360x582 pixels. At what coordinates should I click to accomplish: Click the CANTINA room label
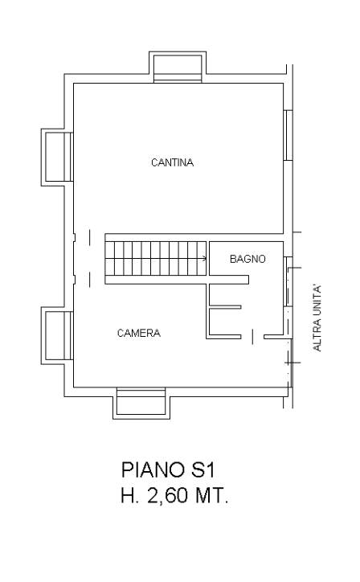[172, 162]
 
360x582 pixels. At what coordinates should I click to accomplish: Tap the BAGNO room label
[247, 259]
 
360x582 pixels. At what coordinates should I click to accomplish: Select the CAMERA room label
[139, 333]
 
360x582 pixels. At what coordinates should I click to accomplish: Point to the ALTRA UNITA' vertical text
[317, 318]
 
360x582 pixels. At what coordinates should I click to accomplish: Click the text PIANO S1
[168, 469]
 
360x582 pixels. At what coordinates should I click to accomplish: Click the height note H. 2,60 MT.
[174, 495]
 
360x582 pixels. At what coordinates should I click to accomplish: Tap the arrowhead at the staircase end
[204, 258]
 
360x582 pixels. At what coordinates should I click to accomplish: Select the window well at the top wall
[178, 68]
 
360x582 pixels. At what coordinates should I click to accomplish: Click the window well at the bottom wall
[141, 403]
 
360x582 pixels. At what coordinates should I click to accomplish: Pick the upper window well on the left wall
[57, 157]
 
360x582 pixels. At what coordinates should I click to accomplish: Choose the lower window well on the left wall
[57, 335]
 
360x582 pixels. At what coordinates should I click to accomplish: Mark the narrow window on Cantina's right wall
[288, 136]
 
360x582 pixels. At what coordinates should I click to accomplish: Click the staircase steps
[156, 258]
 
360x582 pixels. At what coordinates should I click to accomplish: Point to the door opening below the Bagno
[253, 337]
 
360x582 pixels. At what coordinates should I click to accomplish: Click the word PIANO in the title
[153, 469]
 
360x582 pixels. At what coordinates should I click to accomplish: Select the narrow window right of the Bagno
[288, 281]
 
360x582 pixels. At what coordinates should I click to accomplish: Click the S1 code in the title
[203, 469]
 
